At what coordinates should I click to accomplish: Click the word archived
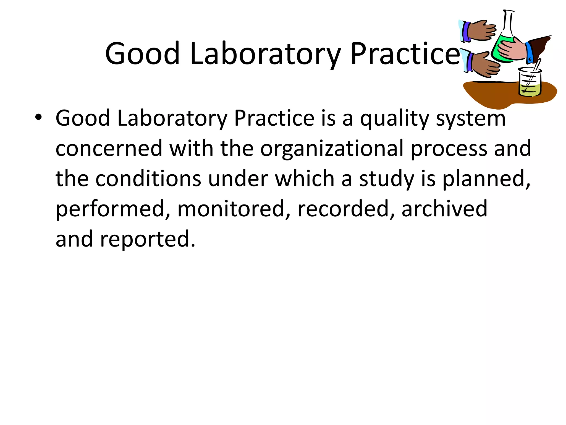(x=444, y=209)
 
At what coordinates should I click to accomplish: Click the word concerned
(x=109, y=149)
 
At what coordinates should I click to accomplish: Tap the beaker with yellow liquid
(x=530, y=83)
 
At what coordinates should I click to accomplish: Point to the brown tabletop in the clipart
(x=495, y=93)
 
